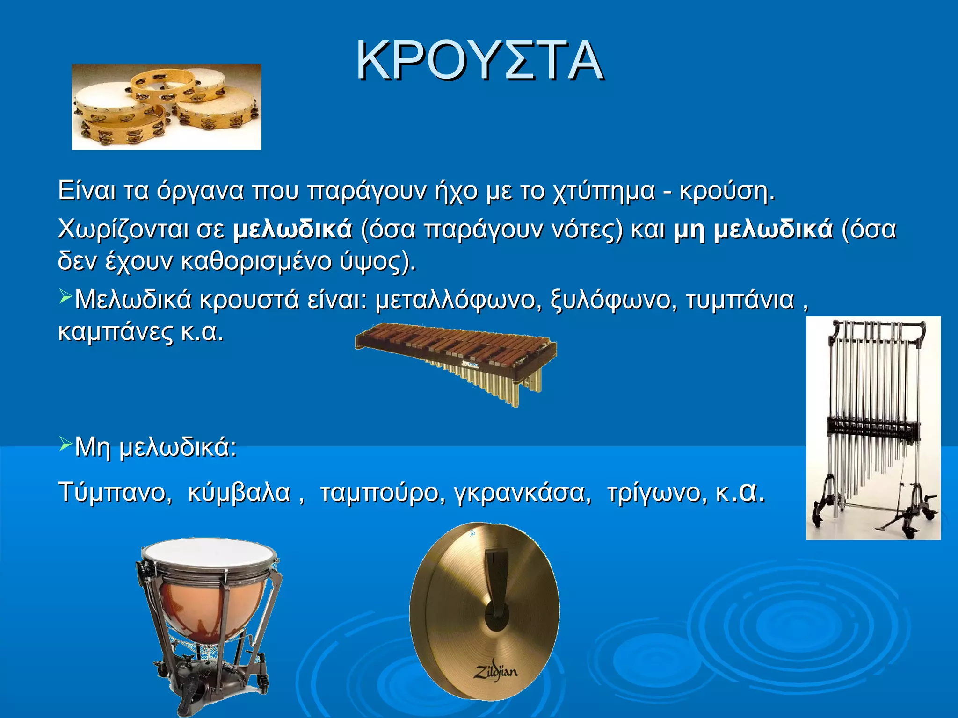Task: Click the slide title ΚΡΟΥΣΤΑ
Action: pos(479,61)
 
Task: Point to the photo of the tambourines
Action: pos(166,107)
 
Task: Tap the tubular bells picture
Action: pos(873,428)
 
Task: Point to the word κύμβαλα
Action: pos(239,493)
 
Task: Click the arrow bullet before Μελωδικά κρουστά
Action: pos(65,296)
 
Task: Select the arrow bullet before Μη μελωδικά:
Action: pos(65,444)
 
